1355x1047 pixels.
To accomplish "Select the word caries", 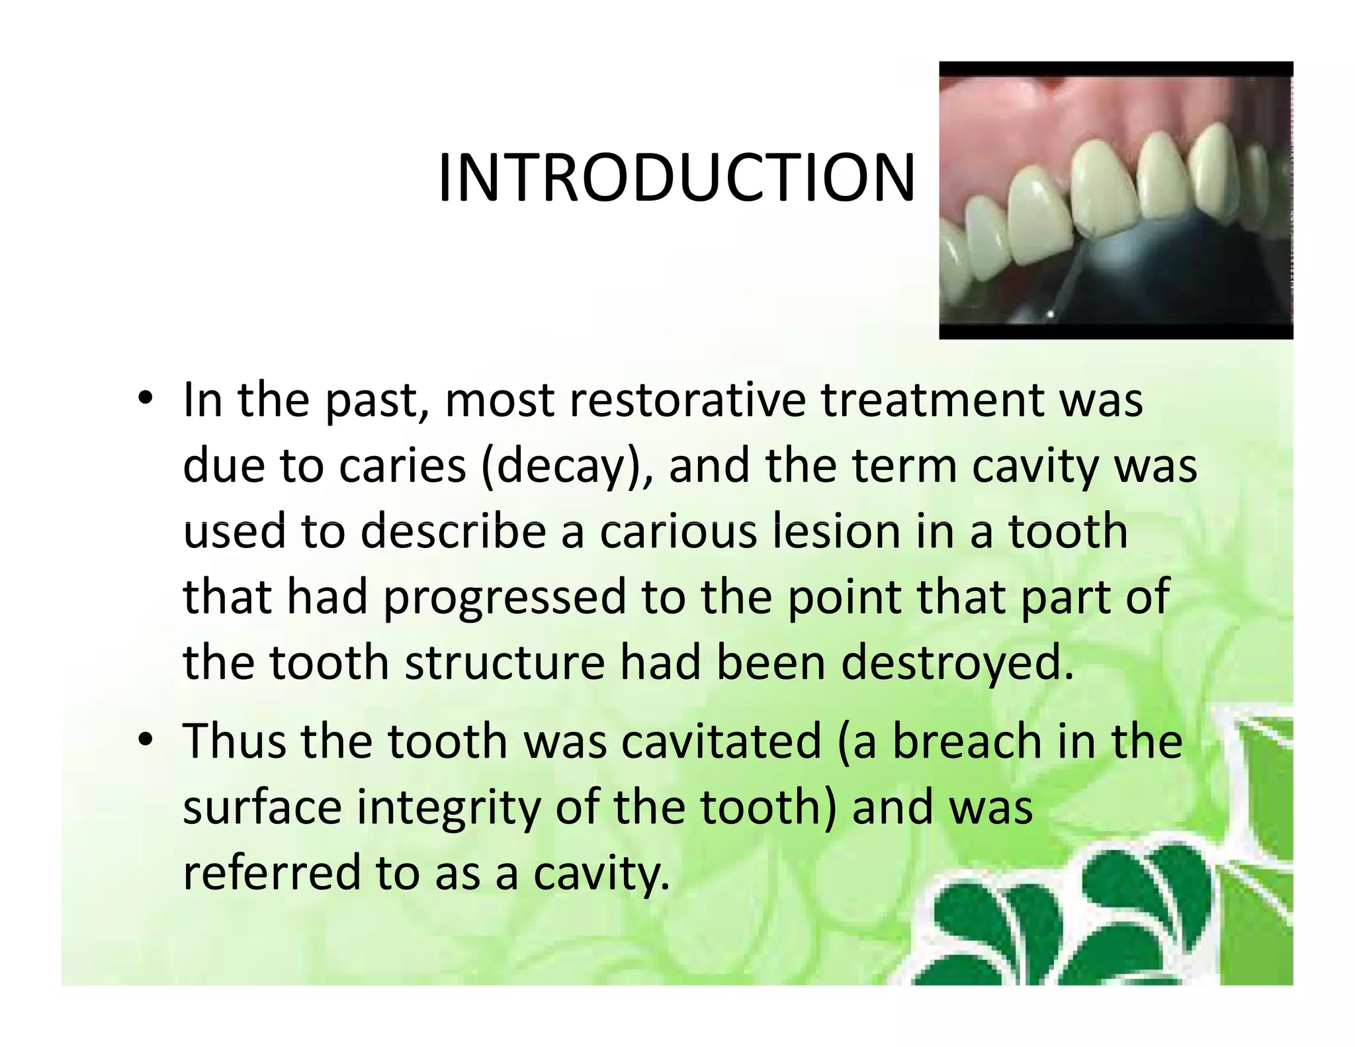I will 402,466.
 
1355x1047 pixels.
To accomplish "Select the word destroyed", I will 957,663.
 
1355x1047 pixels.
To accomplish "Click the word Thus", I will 233,741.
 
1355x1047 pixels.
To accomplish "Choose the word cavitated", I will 721,741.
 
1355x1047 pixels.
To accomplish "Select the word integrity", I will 449,808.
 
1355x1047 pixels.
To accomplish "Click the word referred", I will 271,872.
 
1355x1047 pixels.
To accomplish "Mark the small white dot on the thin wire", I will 1050,314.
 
